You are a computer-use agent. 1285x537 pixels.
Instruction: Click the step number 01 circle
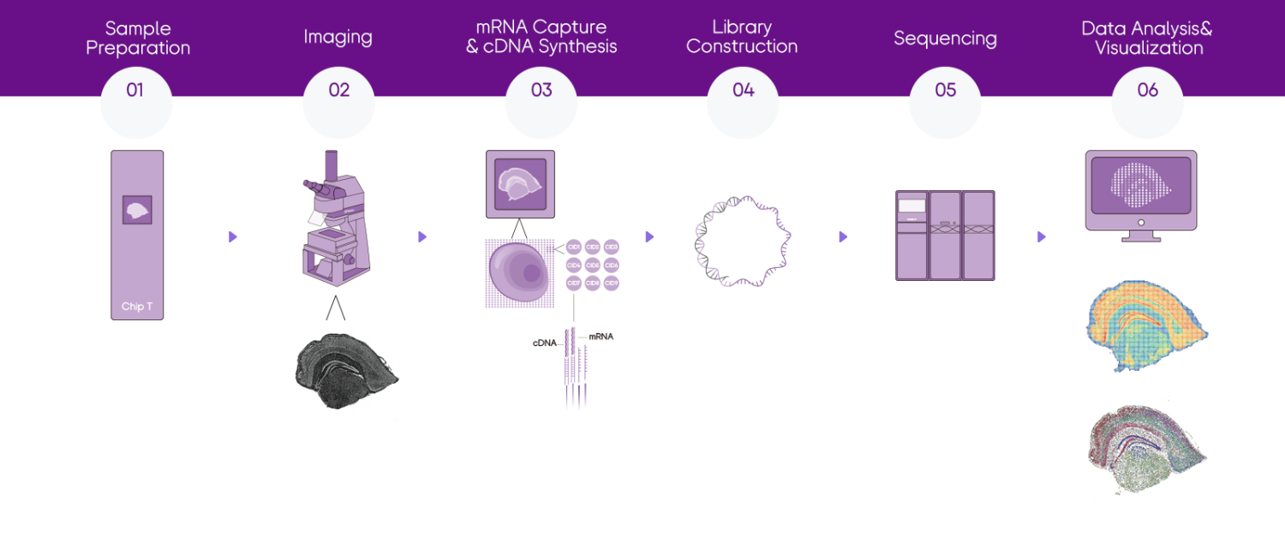tap(136, 102)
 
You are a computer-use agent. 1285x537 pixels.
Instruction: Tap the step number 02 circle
tap(338, 102)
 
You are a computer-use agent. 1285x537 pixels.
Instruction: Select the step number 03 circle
tap(541, 102)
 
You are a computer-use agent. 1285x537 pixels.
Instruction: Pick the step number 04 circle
tap(743, 102)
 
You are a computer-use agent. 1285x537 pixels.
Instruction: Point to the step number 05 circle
tap(945, 102)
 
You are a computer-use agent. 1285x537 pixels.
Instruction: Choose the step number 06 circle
tap(1147, 102)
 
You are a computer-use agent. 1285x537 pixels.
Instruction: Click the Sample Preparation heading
tap(138, 39)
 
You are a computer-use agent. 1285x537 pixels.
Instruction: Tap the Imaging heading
tap(338, 38)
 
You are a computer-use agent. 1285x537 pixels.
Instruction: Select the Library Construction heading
tap(742, 38)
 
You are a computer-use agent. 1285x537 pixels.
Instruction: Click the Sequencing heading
tap(945, 39)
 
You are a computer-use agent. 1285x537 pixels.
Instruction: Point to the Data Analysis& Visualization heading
tap(1148, 39)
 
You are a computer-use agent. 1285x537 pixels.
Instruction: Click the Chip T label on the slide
tap(137, 307)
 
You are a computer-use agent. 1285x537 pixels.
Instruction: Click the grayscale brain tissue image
tap(347, 373)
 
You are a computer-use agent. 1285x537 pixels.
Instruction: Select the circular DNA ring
tap(742, 241)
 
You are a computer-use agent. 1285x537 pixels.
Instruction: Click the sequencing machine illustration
tap(945, 236)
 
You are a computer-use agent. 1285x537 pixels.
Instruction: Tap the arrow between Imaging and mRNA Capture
tap(421, 237)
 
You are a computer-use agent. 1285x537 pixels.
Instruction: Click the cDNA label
tap(545, 343)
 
